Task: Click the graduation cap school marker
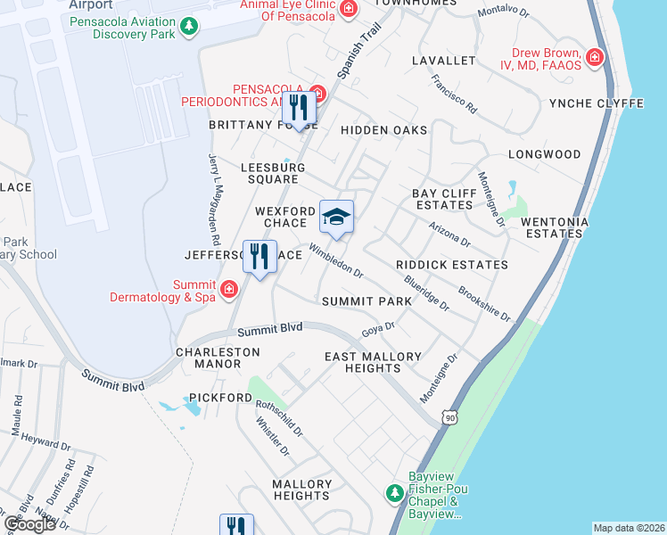336,217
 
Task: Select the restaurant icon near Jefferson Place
259,257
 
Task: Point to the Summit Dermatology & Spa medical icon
229,289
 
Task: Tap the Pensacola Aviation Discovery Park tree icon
189,27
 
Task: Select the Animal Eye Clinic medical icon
349,10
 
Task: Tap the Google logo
29,523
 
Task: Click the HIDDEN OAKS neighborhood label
383,130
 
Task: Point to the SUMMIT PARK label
367,301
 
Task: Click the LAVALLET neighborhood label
444,61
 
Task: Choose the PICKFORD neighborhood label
220,397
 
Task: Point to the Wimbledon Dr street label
336,259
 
